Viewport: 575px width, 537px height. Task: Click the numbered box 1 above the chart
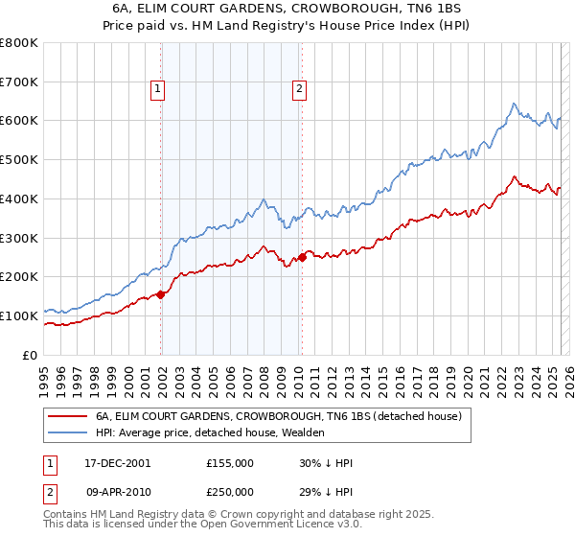[x=157, y=89]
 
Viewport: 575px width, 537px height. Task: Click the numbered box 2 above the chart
[x=299, y=89]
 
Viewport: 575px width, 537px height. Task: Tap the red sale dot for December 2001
[x=161, y=294]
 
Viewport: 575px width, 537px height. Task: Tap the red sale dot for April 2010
[x=302, y=257]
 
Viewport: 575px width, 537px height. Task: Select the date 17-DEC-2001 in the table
[x=111, y=462]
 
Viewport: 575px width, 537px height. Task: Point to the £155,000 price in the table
[x=230, y=462]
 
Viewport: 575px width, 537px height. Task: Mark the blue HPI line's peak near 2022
[x=515, y=104]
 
